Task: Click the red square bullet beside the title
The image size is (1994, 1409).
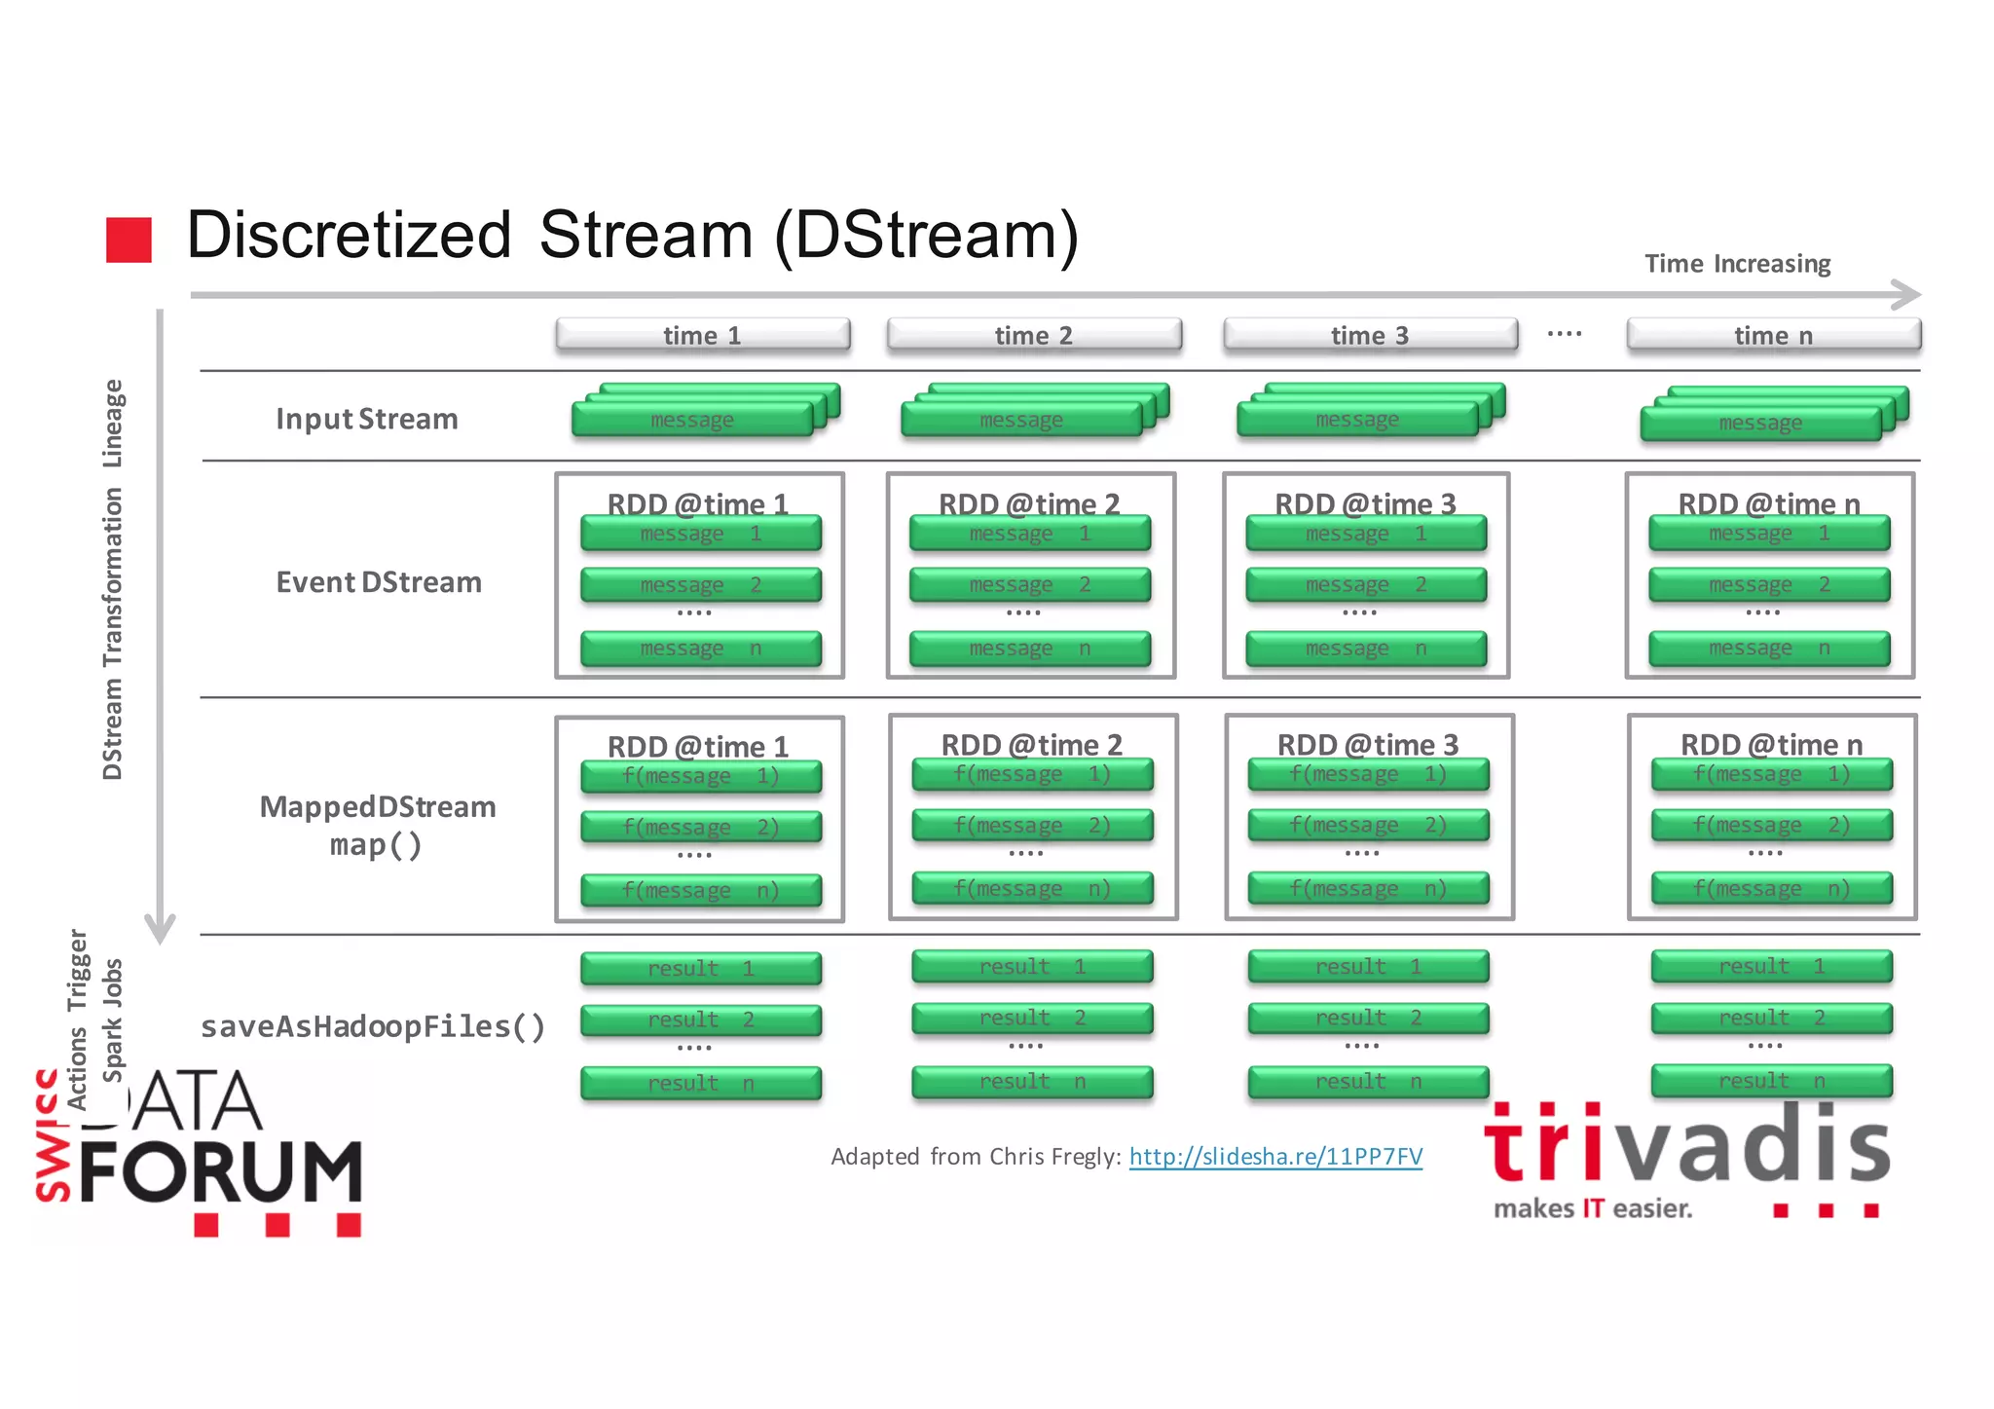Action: (x=129, y=240)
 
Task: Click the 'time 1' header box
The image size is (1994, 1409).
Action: (x=702, y=335)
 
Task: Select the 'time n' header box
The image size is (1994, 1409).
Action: (x=1773, y=335)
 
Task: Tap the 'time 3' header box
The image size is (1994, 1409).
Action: (x=1370, y=335)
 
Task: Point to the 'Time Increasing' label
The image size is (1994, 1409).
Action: (x=1737, y=264)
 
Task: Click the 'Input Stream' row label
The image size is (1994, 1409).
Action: (x=366, y=419)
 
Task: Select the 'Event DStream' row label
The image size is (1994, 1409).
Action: (x=379, y=582)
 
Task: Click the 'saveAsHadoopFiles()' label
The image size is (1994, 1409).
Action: (x=373, y=1026)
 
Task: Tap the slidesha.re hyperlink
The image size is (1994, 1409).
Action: (x=1275, y=1156)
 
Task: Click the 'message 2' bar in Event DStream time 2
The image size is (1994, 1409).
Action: (x=1030, y=584)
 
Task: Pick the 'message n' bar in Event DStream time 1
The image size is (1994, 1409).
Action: (x=701, y=649)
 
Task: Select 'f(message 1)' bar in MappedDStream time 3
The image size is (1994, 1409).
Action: (x=1368, y=774)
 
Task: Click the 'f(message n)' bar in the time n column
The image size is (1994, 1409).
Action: (x=1772, y=888)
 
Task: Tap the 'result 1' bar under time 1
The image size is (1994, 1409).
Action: (x=701, y=968)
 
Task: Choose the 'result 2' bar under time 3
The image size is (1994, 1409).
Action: (x=1368, y=1018)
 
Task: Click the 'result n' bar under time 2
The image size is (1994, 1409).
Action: (x=1032, y=1081)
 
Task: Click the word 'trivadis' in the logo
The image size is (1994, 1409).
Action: (x=1686, y=1146)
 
